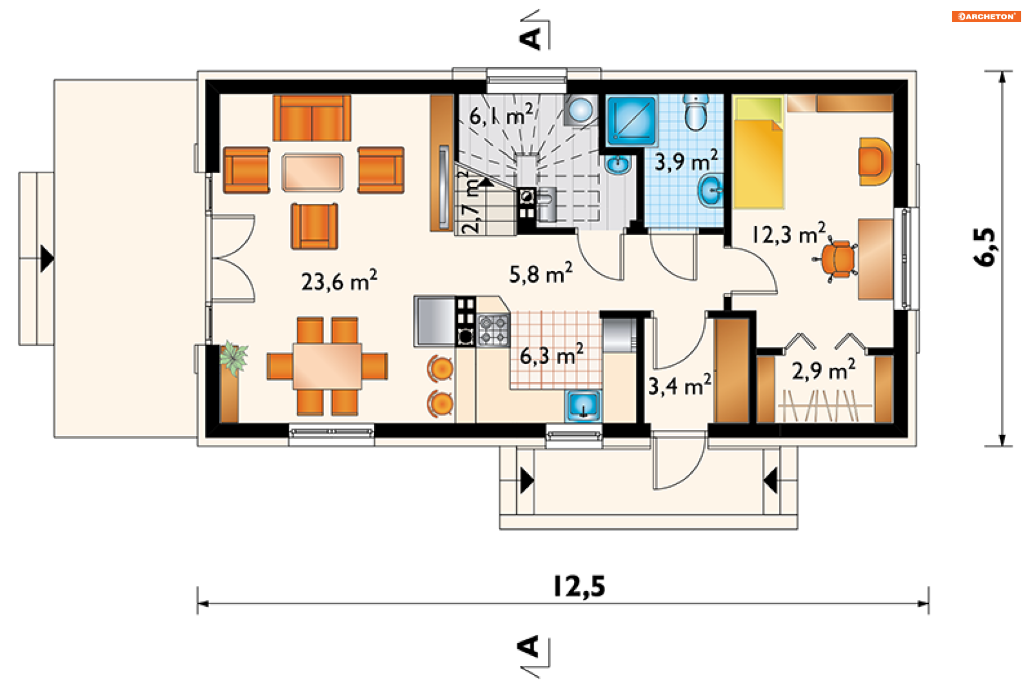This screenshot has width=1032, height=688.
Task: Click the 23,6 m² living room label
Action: pyautogui.click(x=339, y=281)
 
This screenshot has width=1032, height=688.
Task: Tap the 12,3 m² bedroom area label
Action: pyautogui.click(x=789, y=233)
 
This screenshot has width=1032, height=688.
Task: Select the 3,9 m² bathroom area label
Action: pyautogui.click(x=686, y=160)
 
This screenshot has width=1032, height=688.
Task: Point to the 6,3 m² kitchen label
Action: pyautogui.click(x=551, y=355)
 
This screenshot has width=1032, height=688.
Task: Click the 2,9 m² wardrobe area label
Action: pyautogui.click(x=823, y=370)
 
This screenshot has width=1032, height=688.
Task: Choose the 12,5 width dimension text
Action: pyautogui.click(x=579, y=586)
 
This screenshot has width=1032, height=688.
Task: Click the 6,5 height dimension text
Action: pyautogui.click(x=985, y=247)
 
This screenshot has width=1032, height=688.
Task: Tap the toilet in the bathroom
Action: pyautogui.click(x=696, y=113)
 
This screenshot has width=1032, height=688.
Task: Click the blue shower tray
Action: pyautogui.click(x=632, y=121)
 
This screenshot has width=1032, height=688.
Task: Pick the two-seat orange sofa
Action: pyautogui.click(x=312, y=118)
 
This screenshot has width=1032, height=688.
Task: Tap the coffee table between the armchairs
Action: pyautogui.click(x=312, y=173)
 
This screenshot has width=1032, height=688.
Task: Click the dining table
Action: pyautogui.click(x=327, y=366)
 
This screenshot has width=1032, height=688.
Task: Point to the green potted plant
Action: pyautogui.click(x=233, y=357)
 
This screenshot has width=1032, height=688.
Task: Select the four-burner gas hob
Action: pyautogui.click(x=493, y=330)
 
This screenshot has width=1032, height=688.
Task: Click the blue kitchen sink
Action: pyautogui.click(x=583, y=406)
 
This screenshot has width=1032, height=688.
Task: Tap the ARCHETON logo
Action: pyautogui.click(x=986, y=17)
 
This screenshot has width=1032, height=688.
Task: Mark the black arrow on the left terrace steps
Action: pyautogui.click(x=47, y=259)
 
